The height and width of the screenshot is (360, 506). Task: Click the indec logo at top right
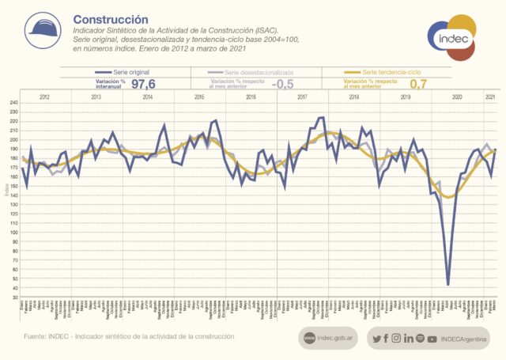[451, 36]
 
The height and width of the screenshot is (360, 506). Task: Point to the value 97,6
[144, 83]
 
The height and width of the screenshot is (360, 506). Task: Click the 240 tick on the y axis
[13, 103]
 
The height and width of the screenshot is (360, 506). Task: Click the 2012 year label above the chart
[44, 96]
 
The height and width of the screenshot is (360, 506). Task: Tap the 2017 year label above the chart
[303, 96]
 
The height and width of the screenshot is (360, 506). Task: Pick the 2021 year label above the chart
[490, 96]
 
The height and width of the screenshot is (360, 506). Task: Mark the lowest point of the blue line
[448, 284]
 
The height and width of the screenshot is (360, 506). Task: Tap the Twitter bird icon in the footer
[376, 339]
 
